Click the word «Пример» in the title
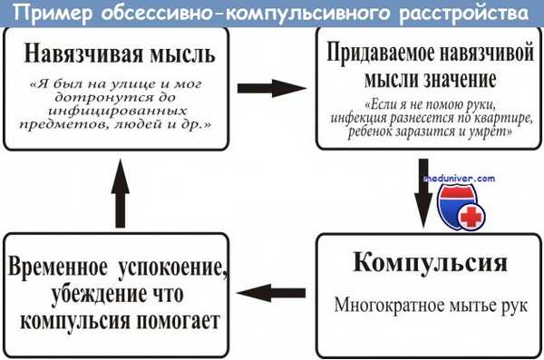tap(51, 15)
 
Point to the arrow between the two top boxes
tap(267, 89)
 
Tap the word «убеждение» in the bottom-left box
tap(74, 294)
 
